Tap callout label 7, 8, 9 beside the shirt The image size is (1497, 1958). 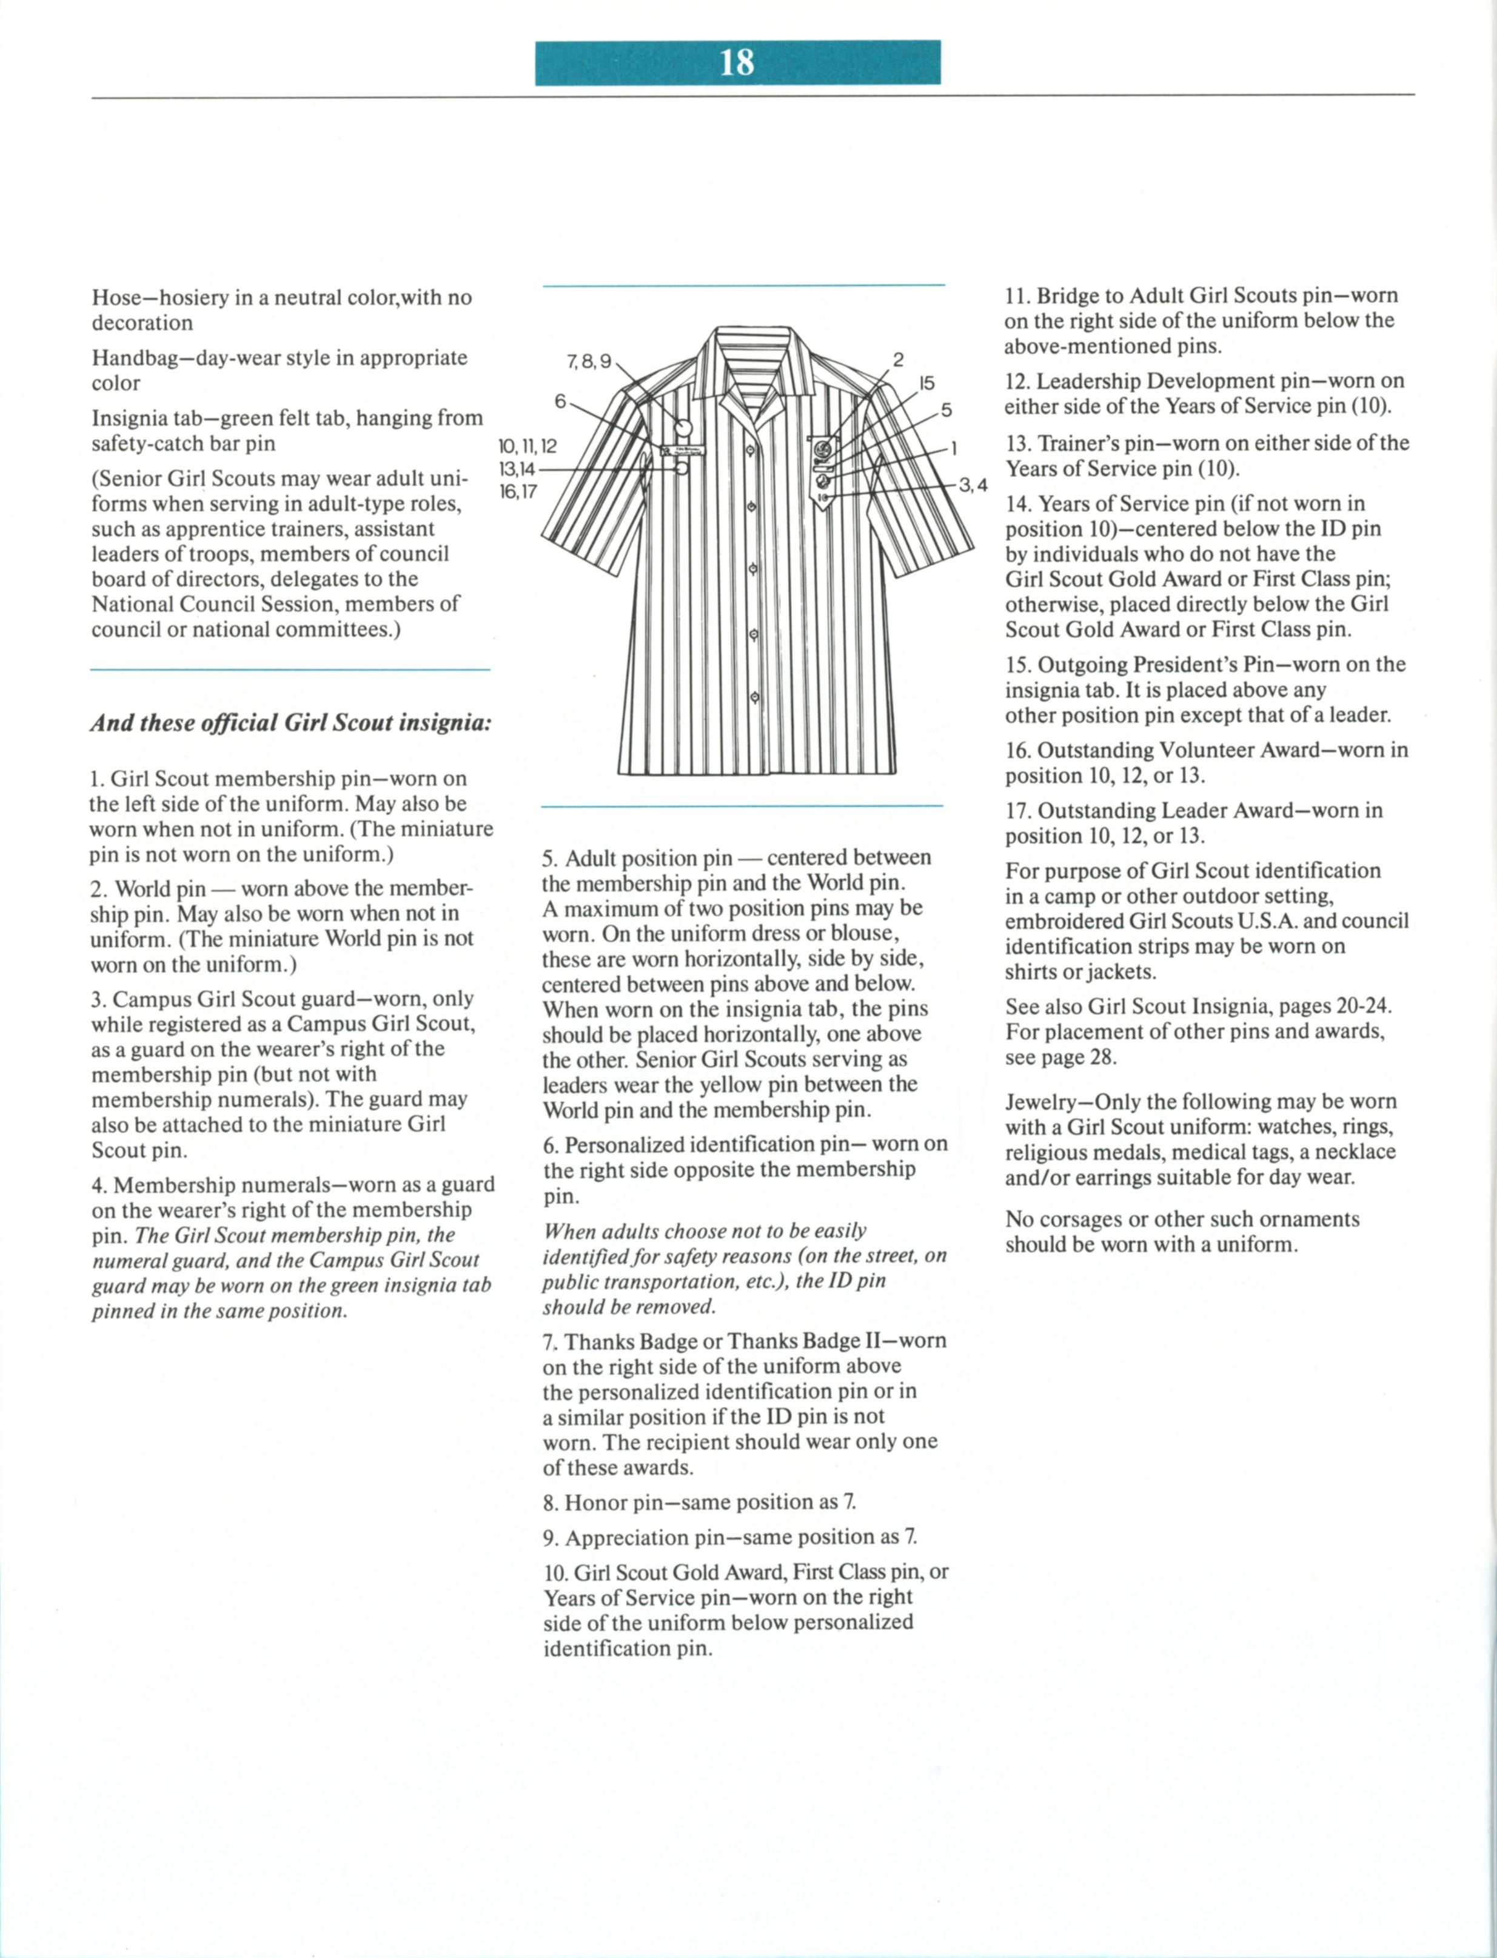[589, 362]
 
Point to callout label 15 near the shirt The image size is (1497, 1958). [926, 383]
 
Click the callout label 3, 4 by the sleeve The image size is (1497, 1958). [973, 486]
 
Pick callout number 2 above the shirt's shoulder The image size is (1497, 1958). [898, 360]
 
